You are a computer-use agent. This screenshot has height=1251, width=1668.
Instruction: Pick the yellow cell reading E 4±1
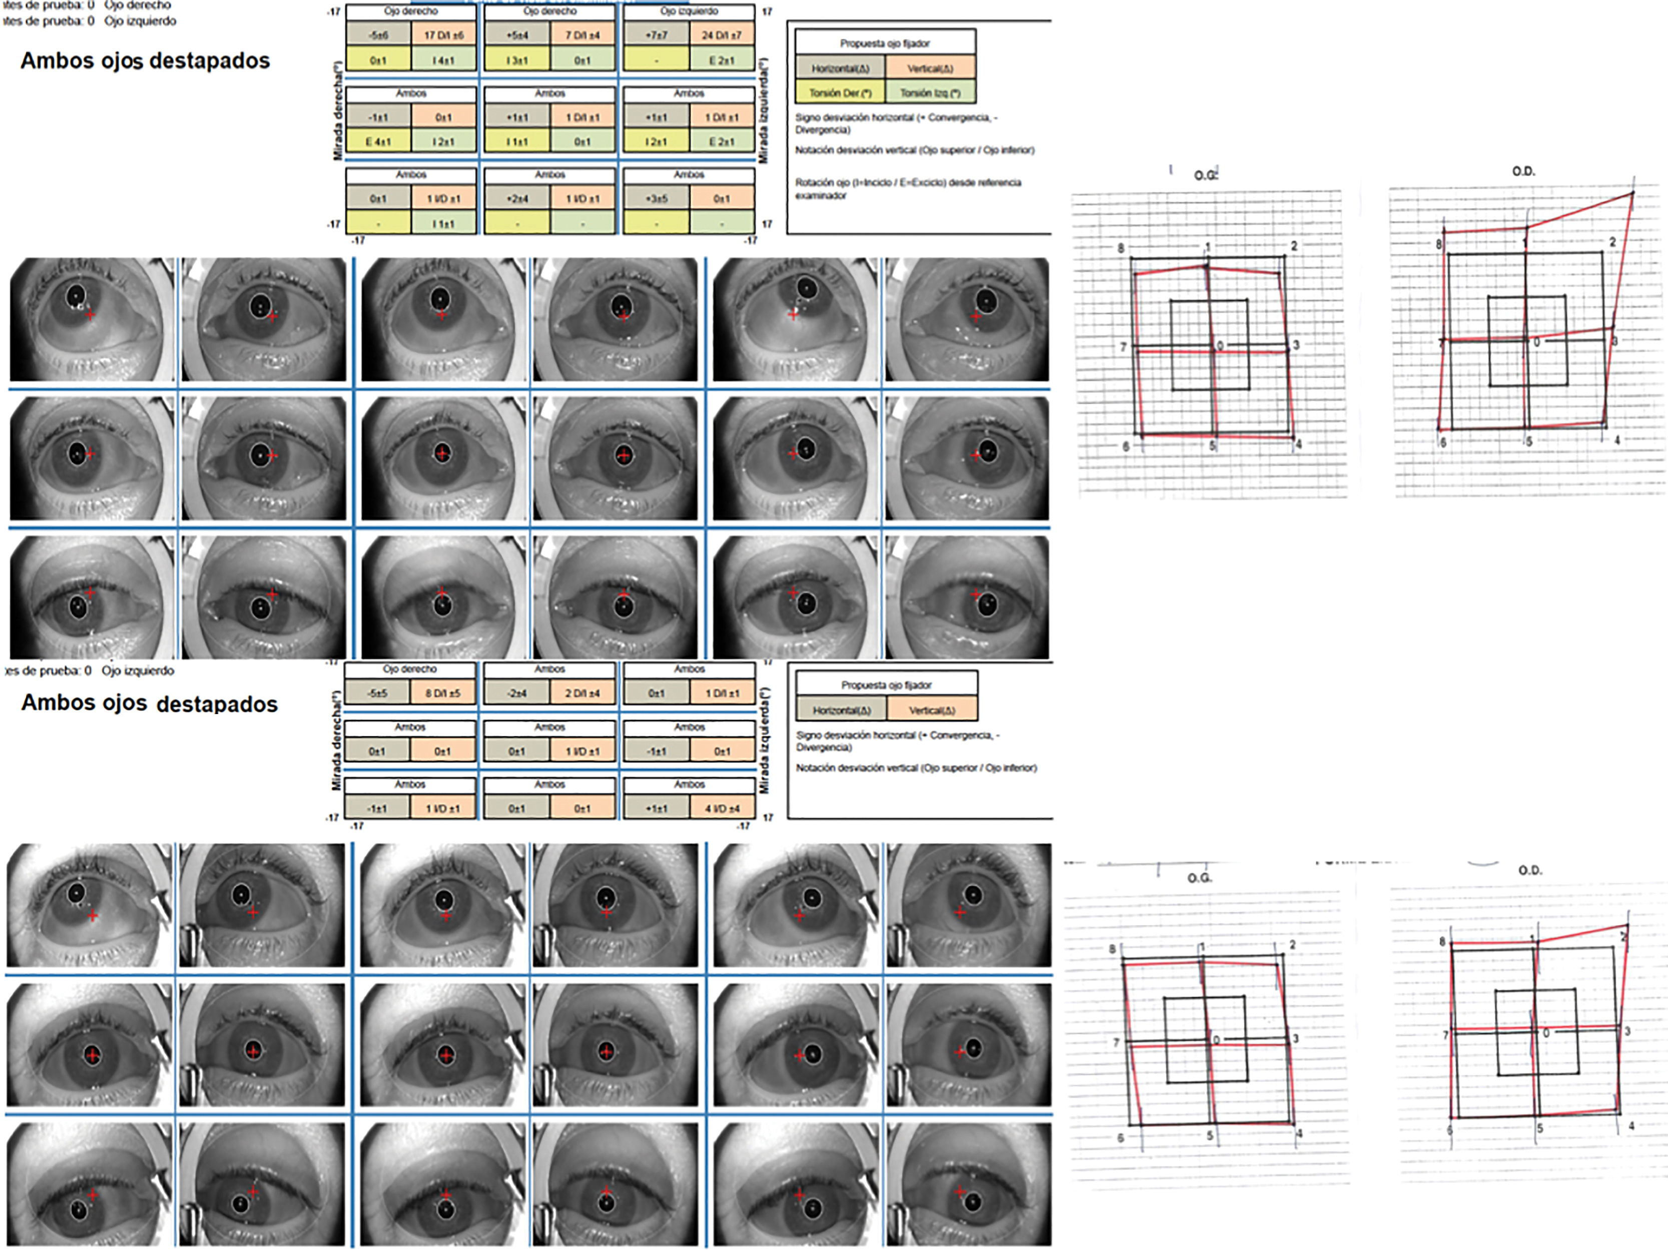378,142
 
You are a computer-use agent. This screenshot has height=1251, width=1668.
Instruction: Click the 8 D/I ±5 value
442,694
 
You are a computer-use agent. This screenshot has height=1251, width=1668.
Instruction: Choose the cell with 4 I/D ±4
722,808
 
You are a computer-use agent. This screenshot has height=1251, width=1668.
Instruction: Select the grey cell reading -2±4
516,694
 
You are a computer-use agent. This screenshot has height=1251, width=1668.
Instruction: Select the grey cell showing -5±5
377,694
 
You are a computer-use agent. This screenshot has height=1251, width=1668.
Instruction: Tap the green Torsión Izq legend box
930,93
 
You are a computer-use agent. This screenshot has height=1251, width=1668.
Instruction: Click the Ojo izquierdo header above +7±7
689,12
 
